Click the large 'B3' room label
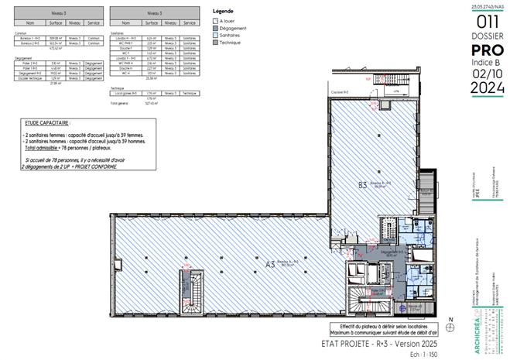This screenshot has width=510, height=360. click(x=361, y=185)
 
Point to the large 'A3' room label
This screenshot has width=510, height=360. click(x=270, y=264)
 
